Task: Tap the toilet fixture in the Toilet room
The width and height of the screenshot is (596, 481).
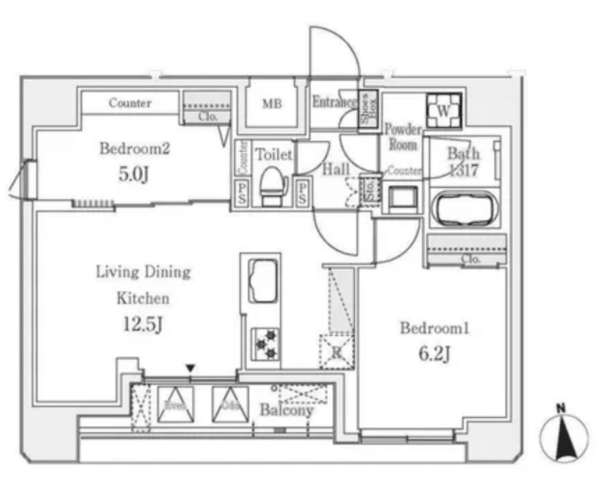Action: [273, 185]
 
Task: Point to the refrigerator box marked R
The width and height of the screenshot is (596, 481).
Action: [336, 351]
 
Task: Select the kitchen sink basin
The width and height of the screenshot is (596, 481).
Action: [262, 280]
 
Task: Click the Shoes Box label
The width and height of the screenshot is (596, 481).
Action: [368, 110]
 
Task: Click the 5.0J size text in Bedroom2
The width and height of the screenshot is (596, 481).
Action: [133, 174]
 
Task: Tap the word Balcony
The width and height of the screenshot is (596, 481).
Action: [286, 410]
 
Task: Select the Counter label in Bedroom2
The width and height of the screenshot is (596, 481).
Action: [130, 103]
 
